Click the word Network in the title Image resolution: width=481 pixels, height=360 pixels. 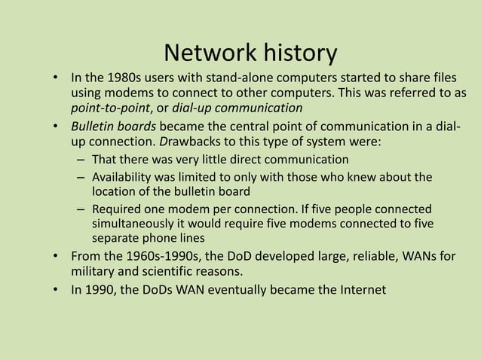point(209,53)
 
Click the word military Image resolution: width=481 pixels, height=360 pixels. point(93,270)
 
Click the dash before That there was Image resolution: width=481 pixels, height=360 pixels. point(80,160)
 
